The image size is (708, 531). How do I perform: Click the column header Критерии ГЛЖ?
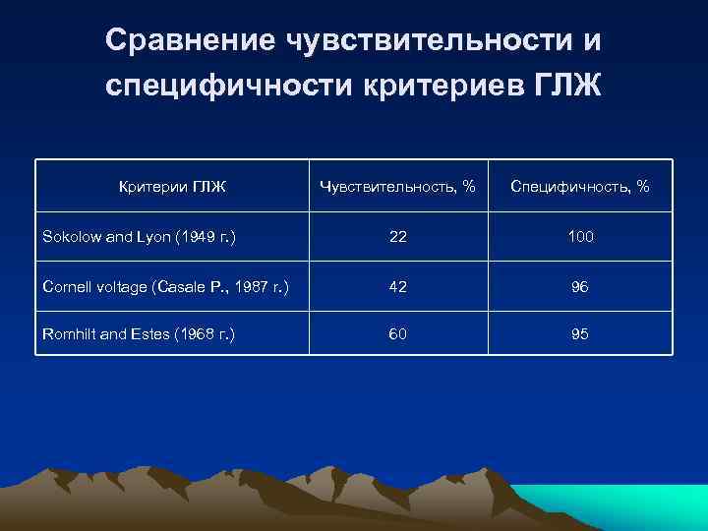click(x=172, y=186)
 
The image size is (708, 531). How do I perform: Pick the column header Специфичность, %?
click(x=580, y=186)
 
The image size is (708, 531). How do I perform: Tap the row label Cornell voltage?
click(x=102, y=286)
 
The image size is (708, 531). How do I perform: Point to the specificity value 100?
click(x=580, y=237)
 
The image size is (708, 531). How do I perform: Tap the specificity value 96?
click(x=580, y=286)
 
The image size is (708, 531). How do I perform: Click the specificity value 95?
click(x=580, y=334)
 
